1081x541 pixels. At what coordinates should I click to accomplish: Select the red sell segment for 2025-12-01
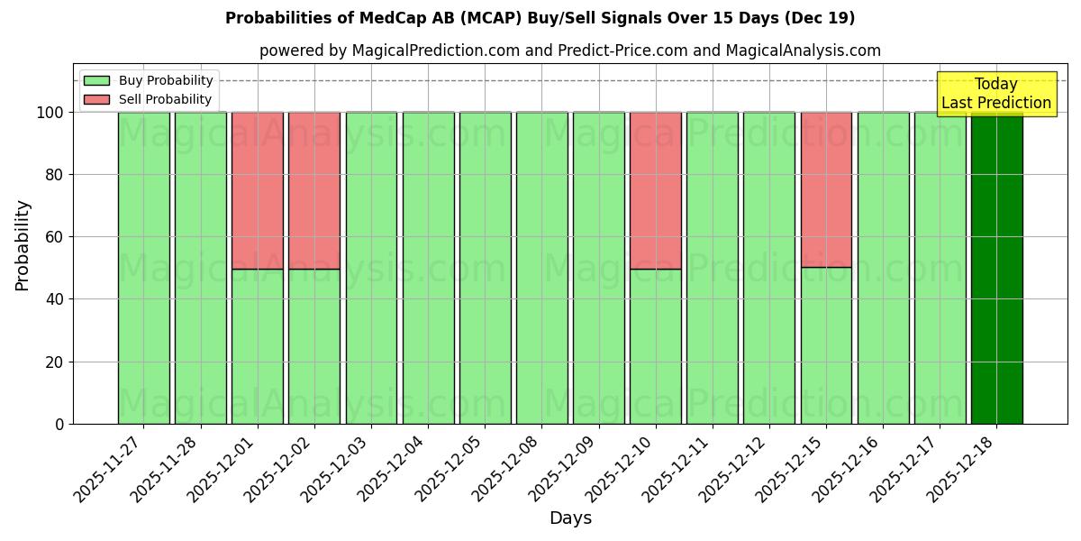tap(257, 190)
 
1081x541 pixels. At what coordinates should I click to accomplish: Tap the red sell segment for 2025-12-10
tap(655, 190)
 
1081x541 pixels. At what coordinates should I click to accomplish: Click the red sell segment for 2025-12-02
tap(314, 190)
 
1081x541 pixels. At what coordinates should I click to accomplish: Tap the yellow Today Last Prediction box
tap(996, 94)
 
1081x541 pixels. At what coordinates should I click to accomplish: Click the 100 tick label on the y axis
tap(50, 113)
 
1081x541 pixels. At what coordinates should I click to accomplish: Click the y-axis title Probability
tap(23, 245)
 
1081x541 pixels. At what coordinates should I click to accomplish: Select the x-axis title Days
tap(570, 518)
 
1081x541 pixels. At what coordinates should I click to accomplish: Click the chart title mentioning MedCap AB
tap(540, 18)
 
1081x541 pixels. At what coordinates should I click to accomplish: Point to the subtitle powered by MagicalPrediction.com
tap(569, 50)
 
